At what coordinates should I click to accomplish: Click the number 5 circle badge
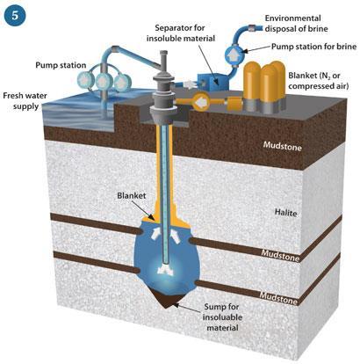tap(15, 15)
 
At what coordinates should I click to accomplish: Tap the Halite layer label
tap(285, 212)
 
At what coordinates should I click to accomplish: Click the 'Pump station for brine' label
tap(313, 47)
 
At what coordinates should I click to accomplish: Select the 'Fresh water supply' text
tap(25, 101)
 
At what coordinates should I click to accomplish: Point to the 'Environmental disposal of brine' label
tap(296, 24)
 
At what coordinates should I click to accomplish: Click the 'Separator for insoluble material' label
tap(181, 33)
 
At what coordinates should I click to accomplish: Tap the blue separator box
tap(212, 78)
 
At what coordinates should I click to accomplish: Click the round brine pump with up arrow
tap(234, 54)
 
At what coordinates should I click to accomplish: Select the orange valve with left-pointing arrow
tap(200, 103)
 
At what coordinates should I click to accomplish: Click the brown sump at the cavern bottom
tap(168, 300)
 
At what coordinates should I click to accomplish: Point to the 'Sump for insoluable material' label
tap(222, 317)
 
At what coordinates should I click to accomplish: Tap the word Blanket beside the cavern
tap(132, 195)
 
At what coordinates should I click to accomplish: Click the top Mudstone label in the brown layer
tap(282, 146)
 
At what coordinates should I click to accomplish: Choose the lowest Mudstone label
tap(278, 297)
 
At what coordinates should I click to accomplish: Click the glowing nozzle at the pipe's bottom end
tap(166, 270)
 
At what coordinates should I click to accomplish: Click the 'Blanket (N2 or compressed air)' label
tap(318, 81)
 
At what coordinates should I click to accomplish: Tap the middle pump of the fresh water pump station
tap(104, 81)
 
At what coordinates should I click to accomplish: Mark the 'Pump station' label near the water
tap(61, 65)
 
